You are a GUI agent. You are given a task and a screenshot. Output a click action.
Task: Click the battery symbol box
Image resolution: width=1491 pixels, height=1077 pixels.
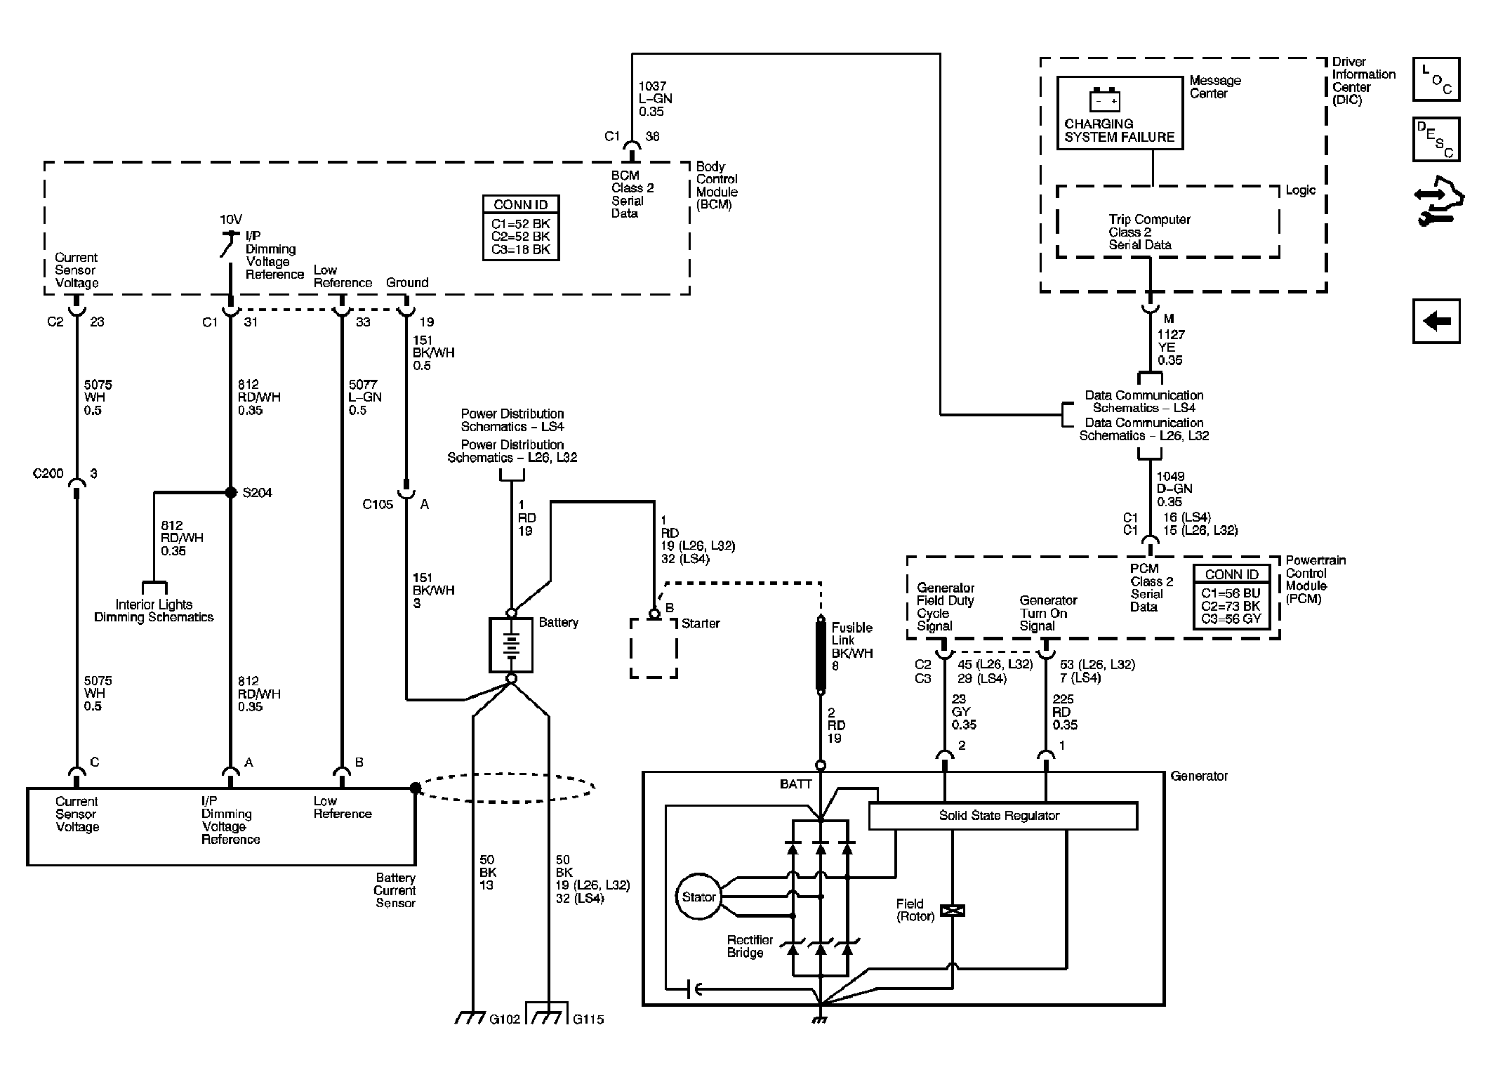tap(511, 645)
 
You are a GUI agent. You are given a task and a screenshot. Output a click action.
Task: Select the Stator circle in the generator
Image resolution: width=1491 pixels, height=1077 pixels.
tap(698, 897)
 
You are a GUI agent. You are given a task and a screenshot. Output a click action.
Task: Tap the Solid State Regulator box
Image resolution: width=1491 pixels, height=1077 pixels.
tap(1002, 816)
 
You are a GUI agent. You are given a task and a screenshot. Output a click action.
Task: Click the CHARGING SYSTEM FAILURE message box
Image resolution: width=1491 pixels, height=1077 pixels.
tap(1120, 112)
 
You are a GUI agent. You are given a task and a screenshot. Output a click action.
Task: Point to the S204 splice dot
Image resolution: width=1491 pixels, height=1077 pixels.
tap(230, 492)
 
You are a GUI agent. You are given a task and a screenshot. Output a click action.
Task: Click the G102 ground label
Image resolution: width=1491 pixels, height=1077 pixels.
tap(505, 1019)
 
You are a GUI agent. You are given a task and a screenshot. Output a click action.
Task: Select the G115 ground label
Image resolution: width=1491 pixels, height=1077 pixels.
tap(588, 1019)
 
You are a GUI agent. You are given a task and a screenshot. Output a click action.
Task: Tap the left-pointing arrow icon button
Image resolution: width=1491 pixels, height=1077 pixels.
tap(1436, 322)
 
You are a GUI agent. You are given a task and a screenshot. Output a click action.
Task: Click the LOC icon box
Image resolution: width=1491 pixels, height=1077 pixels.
tap(1436, 79)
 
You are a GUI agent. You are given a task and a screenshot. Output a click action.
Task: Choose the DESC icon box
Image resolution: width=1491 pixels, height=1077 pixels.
tap(1436, 139)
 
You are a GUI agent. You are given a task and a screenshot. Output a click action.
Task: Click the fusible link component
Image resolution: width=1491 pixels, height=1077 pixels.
tap(820, 654)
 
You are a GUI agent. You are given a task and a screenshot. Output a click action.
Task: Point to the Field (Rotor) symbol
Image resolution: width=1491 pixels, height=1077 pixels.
tap(953, 911)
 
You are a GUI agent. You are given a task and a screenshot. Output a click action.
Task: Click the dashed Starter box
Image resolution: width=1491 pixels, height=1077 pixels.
tap(654, 648)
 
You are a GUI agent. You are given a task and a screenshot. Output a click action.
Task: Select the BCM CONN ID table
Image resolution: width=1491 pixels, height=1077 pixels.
tap(521, 228)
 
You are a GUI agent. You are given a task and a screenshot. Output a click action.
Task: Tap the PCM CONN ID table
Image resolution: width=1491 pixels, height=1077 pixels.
tap(1232, 597)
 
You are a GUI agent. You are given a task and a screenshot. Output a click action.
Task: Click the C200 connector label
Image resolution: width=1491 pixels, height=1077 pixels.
tap(48, 474)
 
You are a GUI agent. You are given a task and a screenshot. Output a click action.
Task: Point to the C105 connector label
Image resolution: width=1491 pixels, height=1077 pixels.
tap(378, 504)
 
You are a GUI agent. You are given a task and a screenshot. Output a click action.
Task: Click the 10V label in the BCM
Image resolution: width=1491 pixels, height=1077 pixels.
tap(231, 220)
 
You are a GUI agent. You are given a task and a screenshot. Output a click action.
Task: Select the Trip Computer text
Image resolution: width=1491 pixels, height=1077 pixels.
tap(1150, 219)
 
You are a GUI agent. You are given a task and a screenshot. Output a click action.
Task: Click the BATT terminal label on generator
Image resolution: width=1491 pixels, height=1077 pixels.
tap(796, 784)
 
